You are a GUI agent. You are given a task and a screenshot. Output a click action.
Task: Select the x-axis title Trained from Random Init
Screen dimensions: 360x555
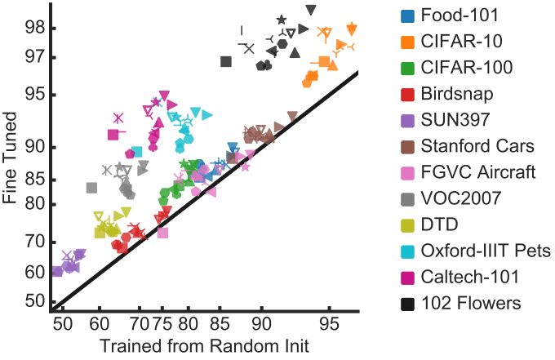[x=204, y=346]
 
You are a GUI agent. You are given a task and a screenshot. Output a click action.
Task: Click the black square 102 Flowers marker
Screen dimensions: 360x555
[x=226, y=61]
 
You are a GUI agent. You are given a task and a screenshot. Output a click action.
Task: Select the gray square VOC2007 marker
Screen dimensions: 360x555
[x=91, y=188]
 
